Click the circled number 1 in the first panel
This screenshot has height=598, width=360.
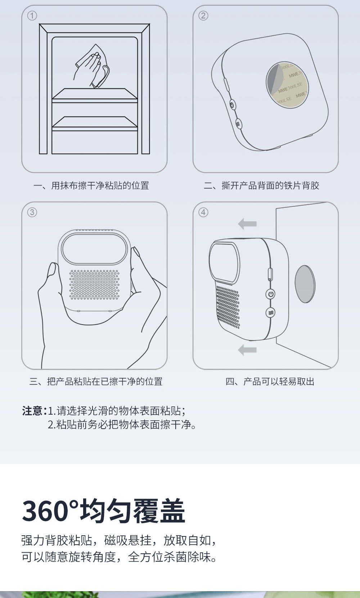32,16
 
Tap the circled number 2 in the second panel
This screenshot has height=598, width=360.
203,16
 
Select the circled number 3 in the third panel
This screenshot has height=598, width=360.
32,213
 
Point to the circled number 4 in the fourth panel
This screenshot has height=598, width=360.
203,213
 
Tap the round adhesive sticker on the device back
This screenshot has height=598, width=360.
287,85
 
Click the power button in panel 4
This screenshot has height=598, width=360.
271,294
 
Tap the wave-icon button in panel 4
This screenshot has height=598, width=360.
271,313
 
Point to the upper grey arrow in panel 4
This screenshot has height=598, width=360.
247,224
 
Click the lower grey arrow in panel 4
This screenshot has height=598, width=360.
247,350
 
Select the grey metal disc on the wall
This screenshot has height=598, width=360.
305,284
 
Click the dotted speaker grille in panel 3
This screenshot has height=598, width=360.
94,284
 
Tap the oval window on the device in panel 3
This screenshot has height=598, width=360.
94,249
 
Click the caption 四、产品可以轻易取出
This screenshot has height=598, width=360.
270,381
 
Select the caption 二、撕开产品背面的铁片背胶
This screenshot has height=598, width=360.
261,185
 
